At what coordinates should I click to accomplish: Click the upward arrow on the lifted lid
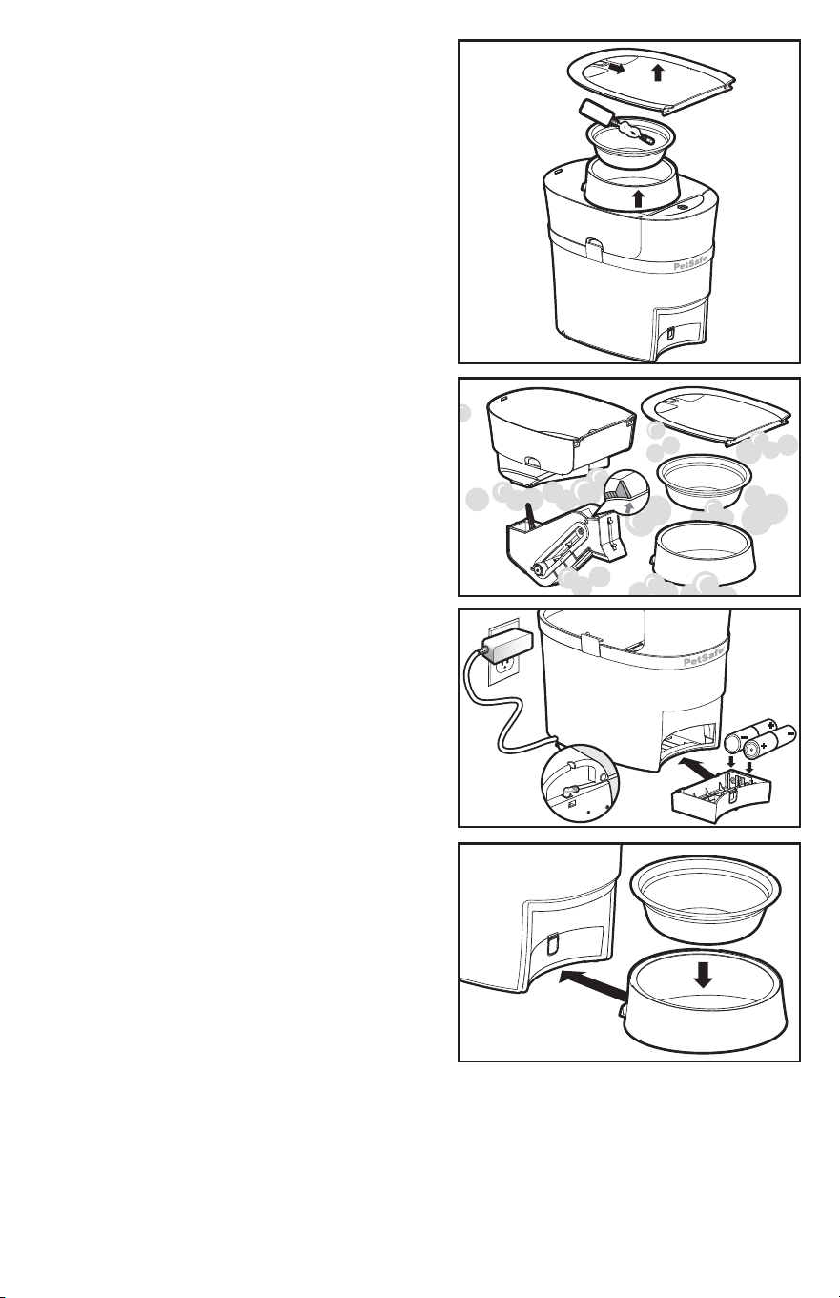(x=657, y=73)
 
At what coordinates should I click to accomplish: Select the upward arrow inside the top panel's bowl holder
(x=639, y=198)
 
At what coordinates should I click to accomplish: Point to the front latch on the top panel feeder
(x=593, y=246)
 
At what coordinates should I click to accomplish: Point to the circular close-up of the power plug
(x=580, y=783)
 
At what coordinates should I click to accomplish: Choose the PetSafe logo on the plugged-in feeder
(x=703, y=660)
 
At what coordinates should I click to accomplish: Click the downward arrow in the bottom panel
(x=704, y=974)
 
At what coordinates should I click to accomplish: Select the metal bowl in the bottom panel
(x=705, y=900)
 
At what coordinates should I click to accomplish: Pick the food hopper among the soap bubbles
(x=561, y=436)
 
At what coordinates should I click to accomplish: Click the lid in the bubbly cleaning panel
(x=717, y=414)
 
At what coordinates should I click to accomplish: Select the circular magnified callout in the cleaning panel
(x=626, y=495)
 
